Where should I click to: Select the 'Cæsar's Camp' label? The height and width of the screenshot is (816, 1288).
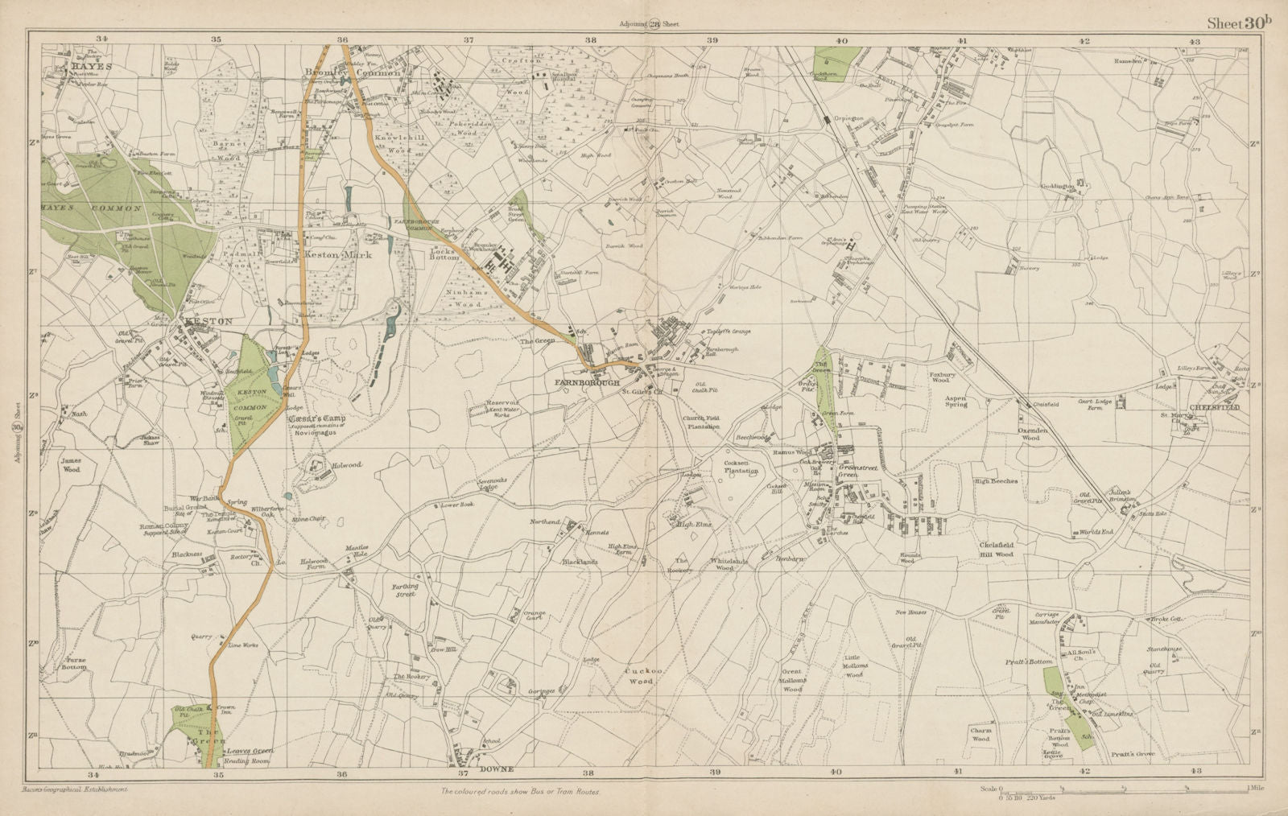316,420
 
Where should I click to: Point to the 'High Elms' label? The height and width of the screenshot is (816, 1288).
694,525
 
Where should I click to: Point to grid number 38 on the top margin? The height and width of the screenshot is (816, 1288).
591,39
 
